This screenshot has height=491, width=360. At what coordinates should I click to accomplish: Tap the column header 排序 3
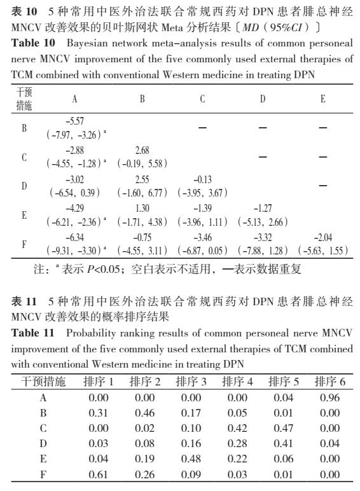pos(191,382)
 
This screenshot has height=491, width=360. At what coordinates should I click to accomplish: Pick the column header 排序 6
pos(329,382)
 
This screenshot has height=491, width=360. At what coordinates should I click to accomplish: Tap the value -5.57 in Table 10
pos(74,121)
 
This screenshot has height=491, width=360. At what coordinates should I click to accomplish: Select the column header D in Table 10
pos(263,99)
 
